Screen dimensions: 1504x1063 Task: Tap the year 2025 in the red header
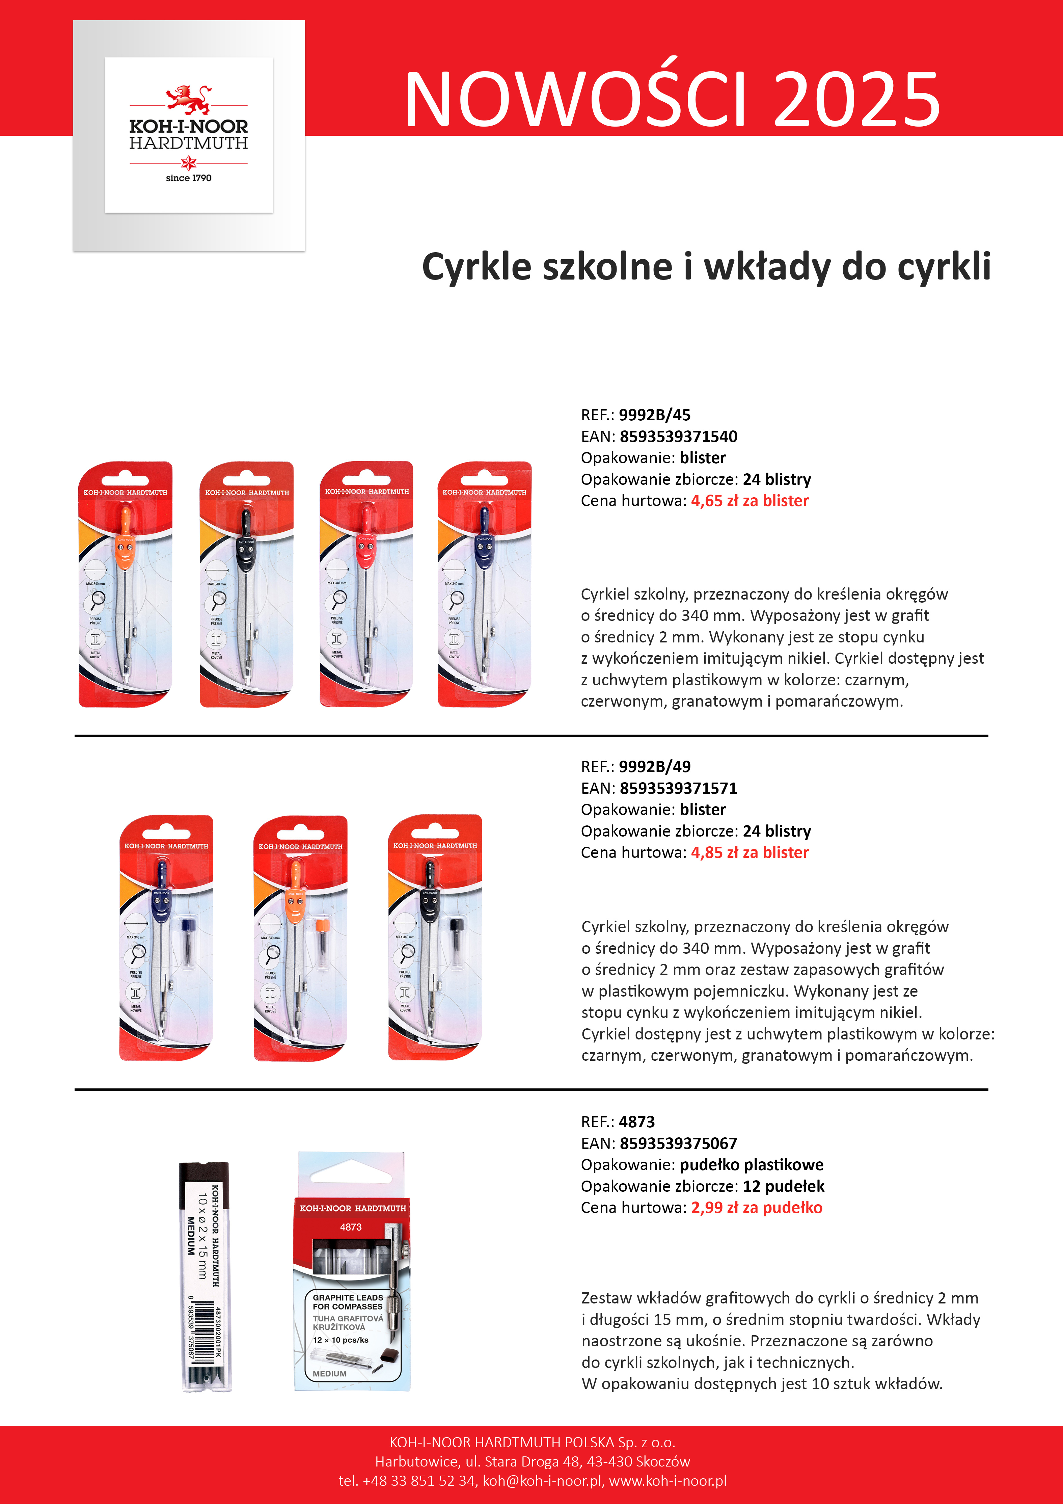point(857,100)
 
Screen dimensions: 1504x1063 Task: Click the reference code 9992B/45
point(654,415)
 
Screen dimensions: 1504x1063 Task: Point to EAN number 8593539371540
point(679,436)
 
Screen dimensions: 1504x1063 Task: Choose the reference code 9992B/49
point(654,766)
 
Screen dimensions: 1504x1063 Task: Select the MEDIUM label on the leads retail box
point(329,1374)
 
